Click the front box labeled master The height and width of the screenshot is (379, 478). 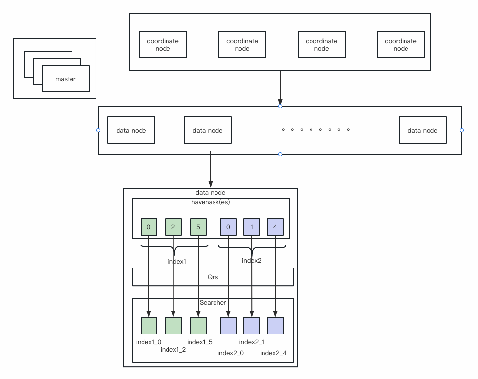coord(66,79)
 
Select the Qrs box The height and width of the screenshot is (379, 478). coord(213,277)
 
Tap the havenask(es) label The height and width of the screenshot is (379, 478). coord(211,202)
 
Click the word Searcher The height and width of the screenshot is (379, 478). coord(213,303)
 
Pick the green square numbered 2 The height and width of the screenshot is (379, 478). coord(173,226)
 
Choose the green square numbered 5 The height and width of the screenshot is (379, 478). coord(198,226)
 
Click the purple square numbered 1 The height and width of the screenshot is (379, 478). coord(252,226)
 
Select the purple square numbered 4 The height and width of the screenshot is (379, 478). coord(275,226)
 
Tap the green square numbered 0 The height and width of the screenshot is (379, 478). coord(149,226)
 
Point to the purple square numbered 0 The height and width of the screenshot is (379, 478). coord(228,226)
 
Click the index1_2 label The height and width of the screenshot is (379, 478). coord(173,349)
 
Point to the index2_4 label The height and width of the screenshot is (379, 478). coord(273,353)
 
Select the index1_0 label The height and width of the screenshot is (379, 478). coord(148,342)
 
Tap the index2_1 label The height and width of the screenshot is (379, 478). coord(252,342)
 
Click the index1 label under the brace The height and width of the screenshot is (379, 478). coord(177,261)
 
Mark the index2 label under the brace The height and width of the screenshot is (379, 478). coord(252,260)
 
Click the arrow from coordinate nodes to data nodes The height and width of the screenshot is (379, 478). coord(280,88)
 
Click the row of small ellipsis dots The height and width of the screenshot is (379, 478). coord(315,130)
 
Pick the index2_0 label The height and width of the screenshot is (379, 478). coord(231,353)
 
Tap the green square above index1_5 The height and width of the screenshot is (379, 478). coord(198,326)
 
